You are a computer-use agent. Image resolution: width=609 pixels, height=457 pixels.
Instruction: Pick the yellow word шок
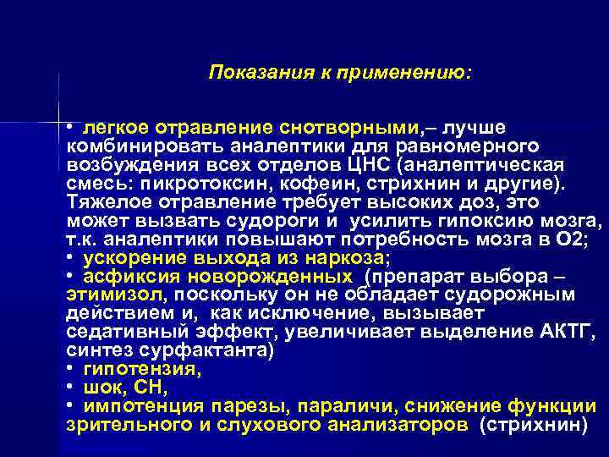click(100, 388)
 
